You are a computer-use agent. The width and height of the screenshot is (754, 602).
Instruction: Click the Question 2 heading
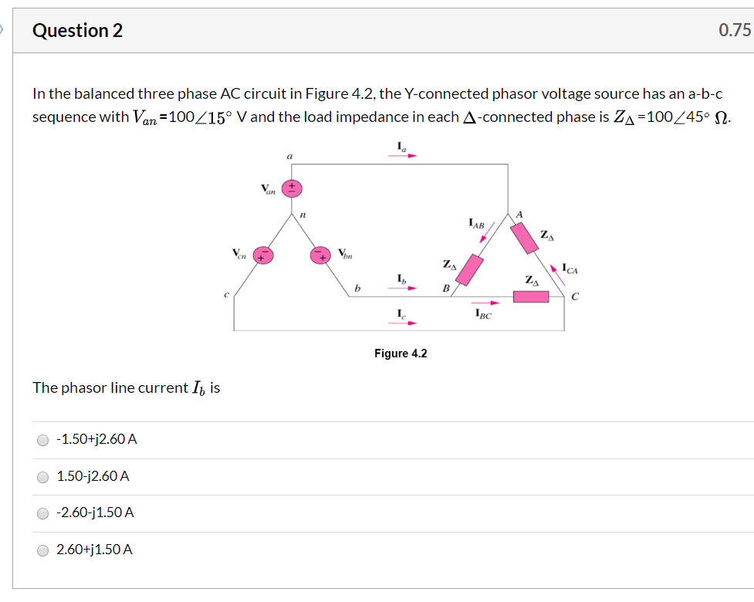[x=77, y=31]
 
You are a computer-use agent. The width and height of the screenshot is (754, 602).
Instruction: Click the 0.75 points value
[x=734, y=31]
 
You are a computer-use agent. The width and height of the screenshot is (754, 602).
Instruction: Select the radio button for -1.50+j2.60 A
[x=42, y=440]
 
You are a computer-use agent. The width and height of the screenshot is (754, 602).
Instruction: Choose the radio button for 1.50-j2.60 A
[x=42, y=477]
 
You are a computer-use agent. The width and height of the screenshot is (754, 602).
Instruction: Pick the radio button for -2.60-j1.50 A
[x=42, y=513]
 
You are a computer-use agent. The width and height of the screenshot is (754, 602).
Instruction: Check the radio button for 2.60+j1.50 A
[x=42, y=550]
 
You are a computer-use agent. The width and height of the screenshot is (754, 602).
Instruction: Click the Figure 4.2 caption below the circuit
[x=401, y=353]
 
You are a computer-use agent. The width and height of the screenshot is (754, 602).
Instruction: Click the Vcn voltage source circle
[x=264, y=255]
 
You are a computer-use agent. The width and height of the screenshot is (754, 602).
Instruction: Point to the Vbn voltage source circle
[x=320, y=255]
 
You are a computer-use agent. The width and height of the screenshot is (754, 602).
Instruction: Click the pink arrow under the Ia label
[x=401, y=155]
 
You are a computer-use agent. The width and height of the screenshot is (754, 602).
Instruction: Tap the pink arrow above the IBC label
[x=485, y=303]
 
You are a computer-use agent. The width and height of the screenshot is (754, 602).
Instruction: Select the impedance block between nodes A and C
[x=527, y=238]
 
